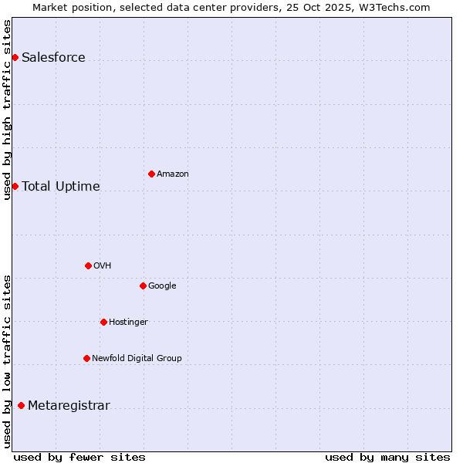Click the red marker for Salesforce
pos(15,57)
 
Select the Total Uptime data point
pos(15,186)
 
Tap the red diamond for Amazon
pos(151,174)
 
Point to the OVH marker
pos(88,265)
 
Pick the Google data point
pos(143,286)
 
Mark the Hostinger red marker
pos(103,322)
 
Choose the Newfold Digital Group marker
pos(86,358)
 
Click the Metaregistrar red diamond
pos(21,406)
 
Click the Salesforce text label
pos(53,58)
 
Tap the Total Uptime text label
pos(61,187)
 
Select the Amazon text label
pos(173,174)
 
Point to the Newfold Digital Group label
pos(137,359)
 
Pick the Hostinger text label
pos(128,323)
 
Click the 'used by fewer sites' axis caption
pos(79,458)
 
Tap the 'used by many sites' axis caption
pos(387,458)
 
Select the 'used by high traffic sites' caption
pos(8,110)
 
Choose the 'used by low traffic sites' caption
pos(8,360)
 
